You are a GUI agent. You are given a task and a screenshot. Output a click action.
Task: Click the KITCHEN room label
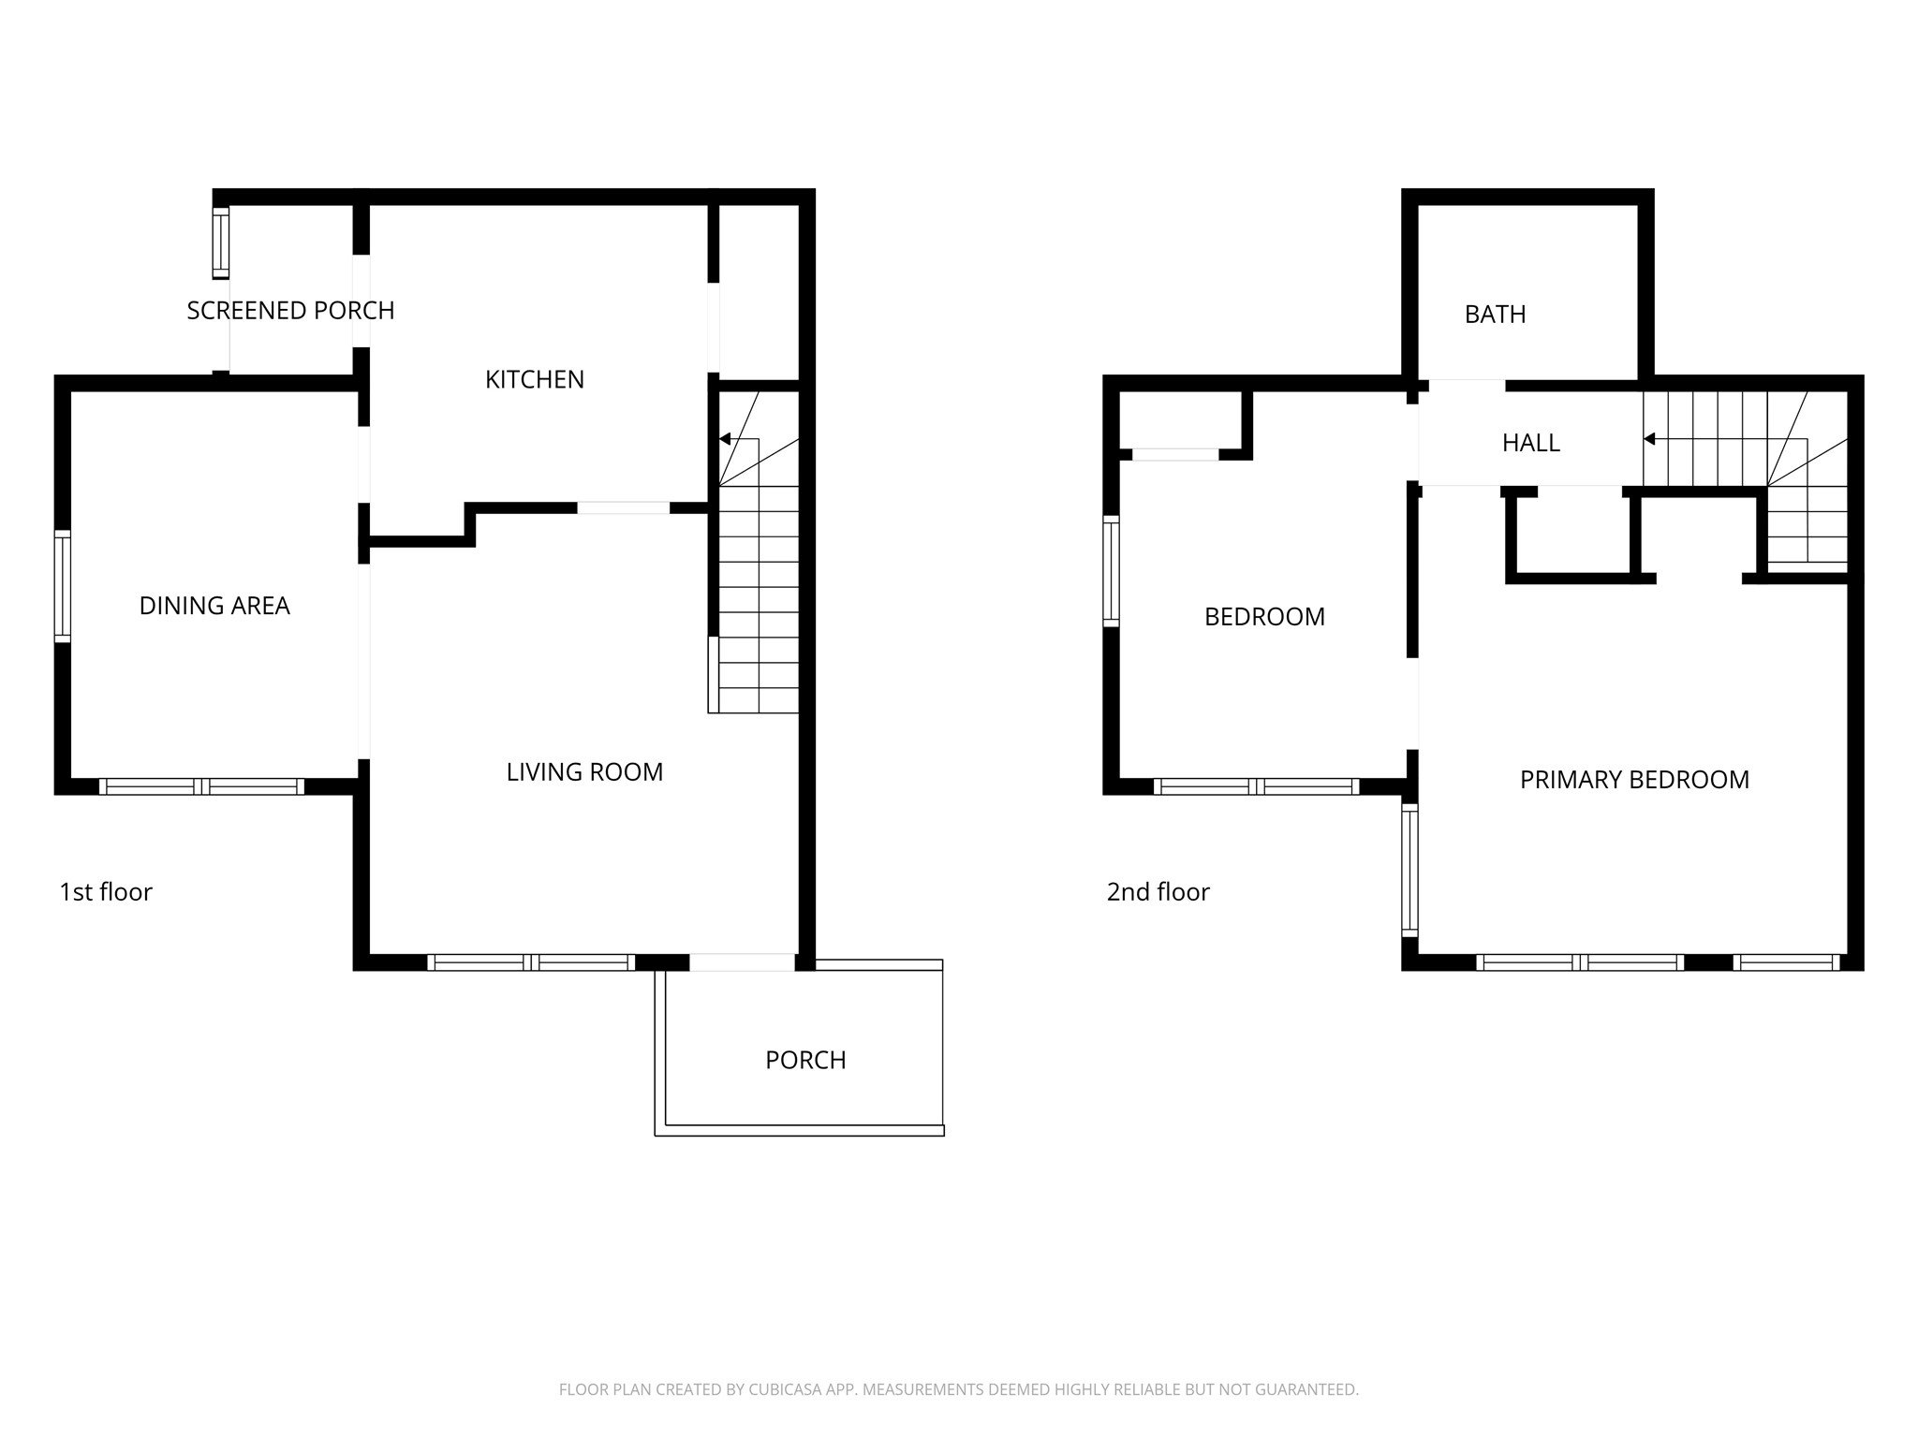pos(534,379)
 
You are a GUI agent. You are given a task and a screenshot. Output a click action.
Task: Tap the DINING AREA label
pos(214,606)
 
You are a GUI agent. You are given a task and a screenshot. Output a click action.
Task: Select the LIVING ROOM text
pos(584,771)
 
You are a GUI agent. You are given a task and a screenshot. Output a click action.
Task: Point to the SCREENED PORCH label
pos(290,310)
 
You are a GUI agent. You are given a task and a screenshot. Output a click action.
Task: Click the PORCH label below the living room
pos(805,1060)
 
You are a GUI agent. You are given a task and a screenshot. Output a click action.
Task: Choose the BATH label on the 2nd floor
pos(1495,315)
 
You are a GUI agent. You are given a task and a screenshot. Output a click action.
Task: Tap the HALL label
pos(1530,443)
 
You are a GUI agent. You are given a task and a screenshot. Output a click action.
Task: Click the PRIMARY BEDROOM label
pos(1633,780)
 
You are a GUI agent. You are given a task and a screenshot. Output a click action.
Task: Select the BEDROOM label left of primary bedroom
pos(1264,617)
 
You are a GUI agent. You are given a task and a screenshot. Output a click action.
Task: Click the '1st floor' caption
pos(105,892)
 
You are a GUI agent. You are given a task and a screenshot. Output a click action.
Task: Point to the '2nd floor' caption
pos(1158,892)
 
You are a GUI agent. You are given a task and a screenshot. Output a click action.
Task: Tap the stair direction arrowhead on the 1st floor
pos(725,439)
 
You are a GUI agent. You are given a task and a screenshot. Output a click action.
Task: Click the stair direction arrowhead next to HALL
pos(1649,439)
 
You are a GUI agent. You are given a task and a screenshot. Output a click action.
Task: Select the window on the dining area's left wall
pos(63,586)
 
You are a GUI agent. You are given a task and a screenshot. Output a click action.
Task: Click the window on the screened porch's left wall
pos(221,243)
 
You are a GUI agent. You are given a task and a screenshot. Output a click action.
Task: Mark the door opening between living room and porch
pos(742,962)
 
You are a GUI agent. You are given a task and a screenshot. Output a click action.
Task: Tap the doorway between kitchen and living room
pos(623,508)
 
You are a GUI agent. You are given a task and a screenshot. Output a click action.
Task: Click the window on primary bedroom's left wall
pos(1409,870)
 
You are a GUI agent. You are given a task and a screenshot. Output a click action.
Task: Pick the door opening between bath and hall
pos(1467,385)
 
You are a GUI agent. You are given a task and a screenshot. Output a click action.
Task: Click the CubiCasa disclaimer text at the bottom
pos(958,1389)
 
